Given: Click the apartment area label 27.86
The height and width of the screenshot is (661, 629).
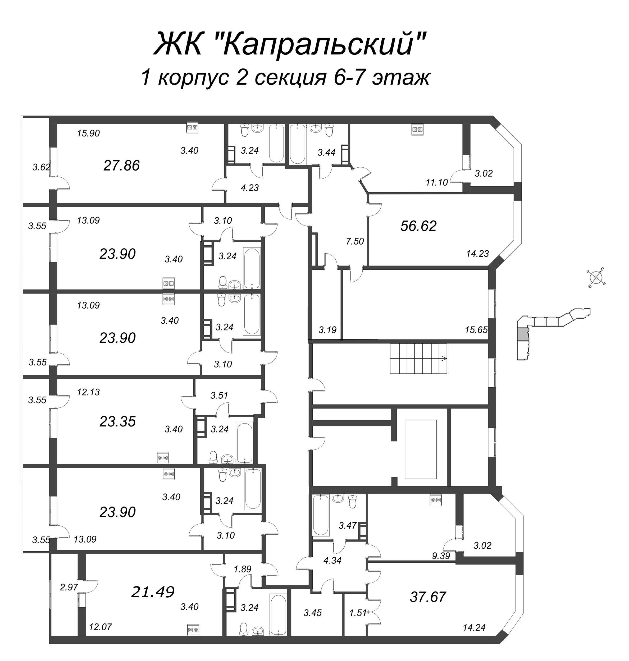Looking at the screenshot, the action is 121,166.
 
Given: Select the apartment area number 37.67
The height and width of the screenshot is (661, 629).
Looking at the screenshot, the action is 428,597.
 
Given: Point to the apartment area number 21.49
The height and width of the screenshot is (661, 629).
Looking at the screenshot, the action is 153,592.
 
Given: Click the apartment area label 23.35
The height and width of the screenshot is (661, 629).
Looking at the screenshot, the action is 117,421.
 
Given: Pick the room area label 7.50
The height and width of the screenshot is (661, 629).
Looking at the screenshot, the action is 355,241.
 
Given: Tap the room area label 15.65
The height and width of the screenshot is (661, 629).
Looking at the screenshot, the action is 476,330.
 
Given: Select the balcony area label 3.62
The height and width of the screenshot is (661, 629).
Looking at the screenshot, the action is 41,167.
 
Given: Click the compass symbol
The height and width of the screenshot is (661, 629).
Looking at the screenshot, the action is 595,278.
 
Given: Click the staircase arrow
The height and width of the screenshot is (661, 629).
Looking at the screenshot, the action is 444,359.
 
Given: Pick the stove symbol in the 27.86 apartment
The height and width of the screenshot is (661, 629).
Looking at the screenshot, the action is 193,127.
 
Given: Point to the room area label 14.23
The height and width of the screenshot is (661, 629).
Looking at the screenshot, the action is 477,254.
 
